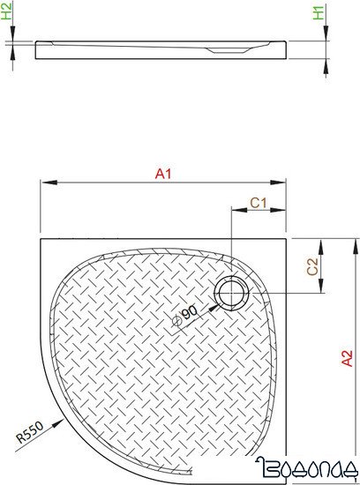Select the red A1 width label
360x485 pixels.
click(162, 175)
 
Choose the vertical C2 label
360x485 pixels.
click(311, 267)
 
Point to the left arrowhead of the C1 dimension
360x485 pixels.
click(234, 211)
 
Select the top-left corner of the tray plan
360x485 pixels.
click(41, 236)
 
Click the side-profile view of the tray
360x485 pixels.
click(163, 49)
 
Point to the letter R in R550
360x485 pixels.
click(19, 440)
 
